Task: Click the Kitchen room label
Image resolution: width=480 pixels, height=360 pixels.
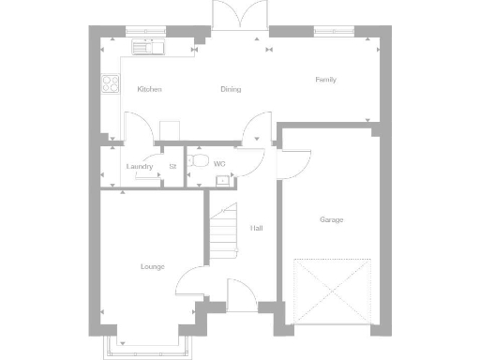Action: coord(149,89)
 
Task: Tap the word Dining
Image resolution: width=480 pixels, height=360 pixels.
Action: coord(231,90)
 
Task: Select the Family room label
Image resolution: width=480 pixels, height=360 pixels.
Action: coord(325,80)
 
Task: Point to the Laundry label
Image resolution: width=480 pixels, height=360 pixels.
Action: coord(140,167)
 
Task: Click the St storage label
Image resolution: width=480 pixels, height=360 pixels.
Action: coord(172,167)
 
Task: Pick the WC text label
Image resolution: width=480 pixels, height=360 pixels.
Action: coord(219,164)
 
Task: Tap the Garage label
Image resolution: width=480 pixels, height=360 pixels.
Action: coord(331,219)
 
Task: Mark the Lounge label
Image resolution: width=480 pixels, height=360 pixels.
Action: coord(152,266)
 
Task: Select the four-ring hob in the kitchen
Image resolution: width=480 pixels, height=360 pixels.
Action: coord(108,83)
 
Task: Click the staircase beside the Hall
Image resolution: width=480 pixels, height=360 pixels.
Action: coord(223,234)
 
